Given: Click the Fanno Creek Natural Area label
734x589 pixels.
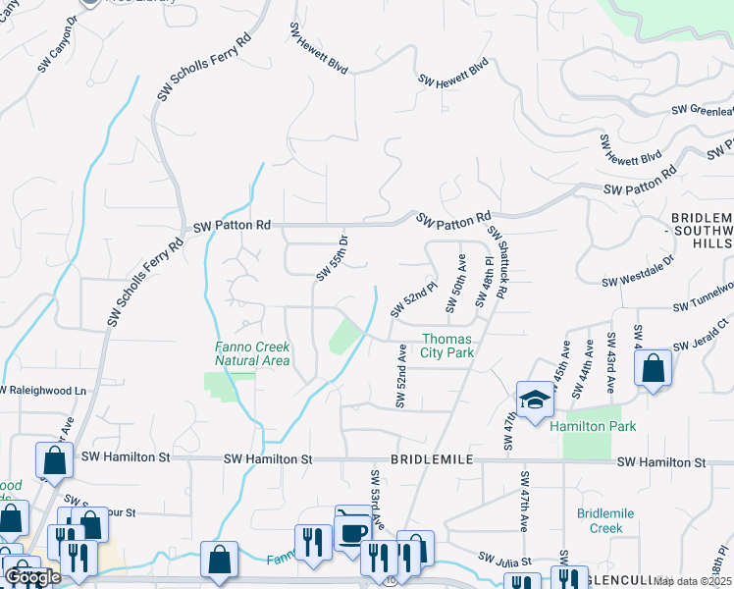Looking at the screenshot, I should click(252, 353).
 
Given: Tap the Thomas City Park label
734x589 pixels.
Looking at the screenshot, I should click(447, 346).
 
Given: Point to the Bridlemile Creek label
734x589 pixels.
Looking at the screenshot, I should click(606, 520).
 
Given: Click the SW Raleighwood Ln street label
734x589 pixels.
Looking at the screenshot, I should click(43, 390).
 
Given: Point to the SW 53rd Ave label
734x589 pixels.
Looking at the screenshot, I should click(376, 499).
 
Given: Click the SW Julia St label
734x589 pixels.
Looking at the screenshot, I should click(504, 561).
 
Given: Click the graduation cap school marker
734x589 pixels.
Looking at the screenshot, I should click(535, 401).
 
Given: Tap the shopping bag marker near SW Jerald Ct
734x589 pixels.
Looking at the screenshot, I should click(653, 370).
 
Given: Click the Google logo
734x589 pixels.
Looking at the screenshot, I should click(32, 577).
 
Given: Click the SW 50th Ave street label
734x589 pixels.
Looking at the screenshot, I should click(456, 283).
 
